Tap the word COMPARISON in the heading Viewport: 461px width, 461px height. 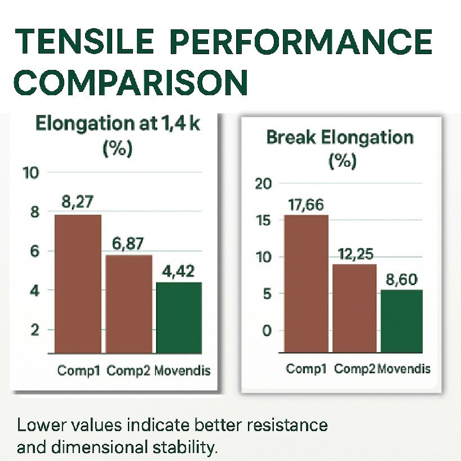(x=131, y=82)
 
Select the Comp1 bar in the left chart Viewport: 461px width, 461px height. (x=78, y=283)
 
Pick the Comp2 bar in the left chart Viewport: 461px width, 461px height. (x=129, y=304)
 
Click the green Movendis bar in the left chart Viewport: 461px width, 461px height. (x=179, y=317)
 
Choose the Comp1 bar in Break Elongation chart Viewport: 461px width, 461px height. (x=306, y=283)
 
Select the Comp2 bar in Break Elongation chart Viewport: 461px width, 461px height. (x=354, y=308)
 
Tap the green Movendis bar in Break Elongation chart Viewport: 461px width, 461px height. (x=402, y=321)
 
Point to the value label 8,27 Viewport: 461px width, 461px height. (x=77, y=202)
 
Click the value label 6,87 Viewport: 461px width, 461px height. (x=128, y=243)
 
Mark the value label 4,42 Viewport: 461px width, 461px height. (x=179, y=271)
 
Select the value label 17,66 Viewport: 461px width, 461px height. (x=306, y=205)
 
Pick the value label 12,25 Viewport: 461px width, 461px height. (x=356, y=254)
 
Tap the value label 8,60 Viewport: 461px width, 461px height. (x=402, y=280)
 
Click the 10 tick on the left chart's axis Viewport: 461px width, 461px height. (x=31, y=173)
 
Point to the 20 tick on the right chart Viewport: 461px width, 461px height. (x=263, y=184)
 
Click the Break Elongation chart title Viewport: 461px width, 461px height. (x=340, y=149)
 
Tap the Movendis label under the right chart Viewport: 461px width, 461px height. (x=404, y=369)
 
